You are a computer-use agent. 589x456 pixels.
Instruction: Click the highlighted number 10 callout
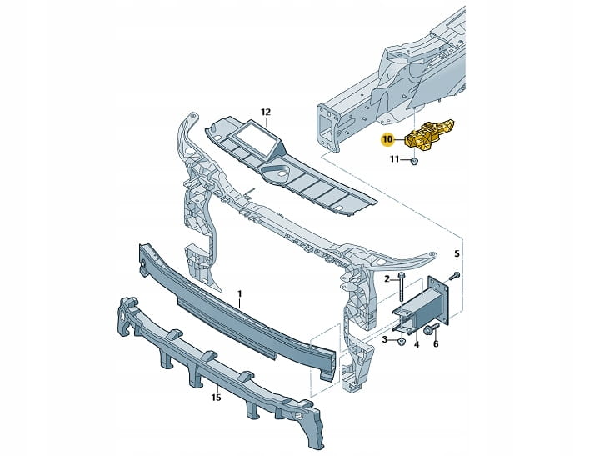387,139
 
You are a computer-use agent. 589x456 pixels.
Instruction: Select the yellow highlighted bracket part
429,134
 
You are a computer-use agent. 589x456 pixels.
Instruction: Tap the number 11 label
394,159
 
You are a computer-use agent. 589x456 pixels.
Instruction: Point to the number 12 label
266,112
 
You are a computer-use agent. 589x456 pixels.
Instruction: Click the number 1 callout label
240,293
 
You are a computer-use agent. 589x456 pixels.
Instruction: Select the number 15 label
216,397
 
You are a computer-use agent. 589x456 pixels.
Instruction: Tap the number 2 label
387,278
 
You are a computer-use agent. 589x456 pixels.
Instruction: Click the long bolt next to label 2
402,287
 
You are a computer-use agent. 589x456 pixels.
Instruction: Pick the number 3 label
385,340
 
